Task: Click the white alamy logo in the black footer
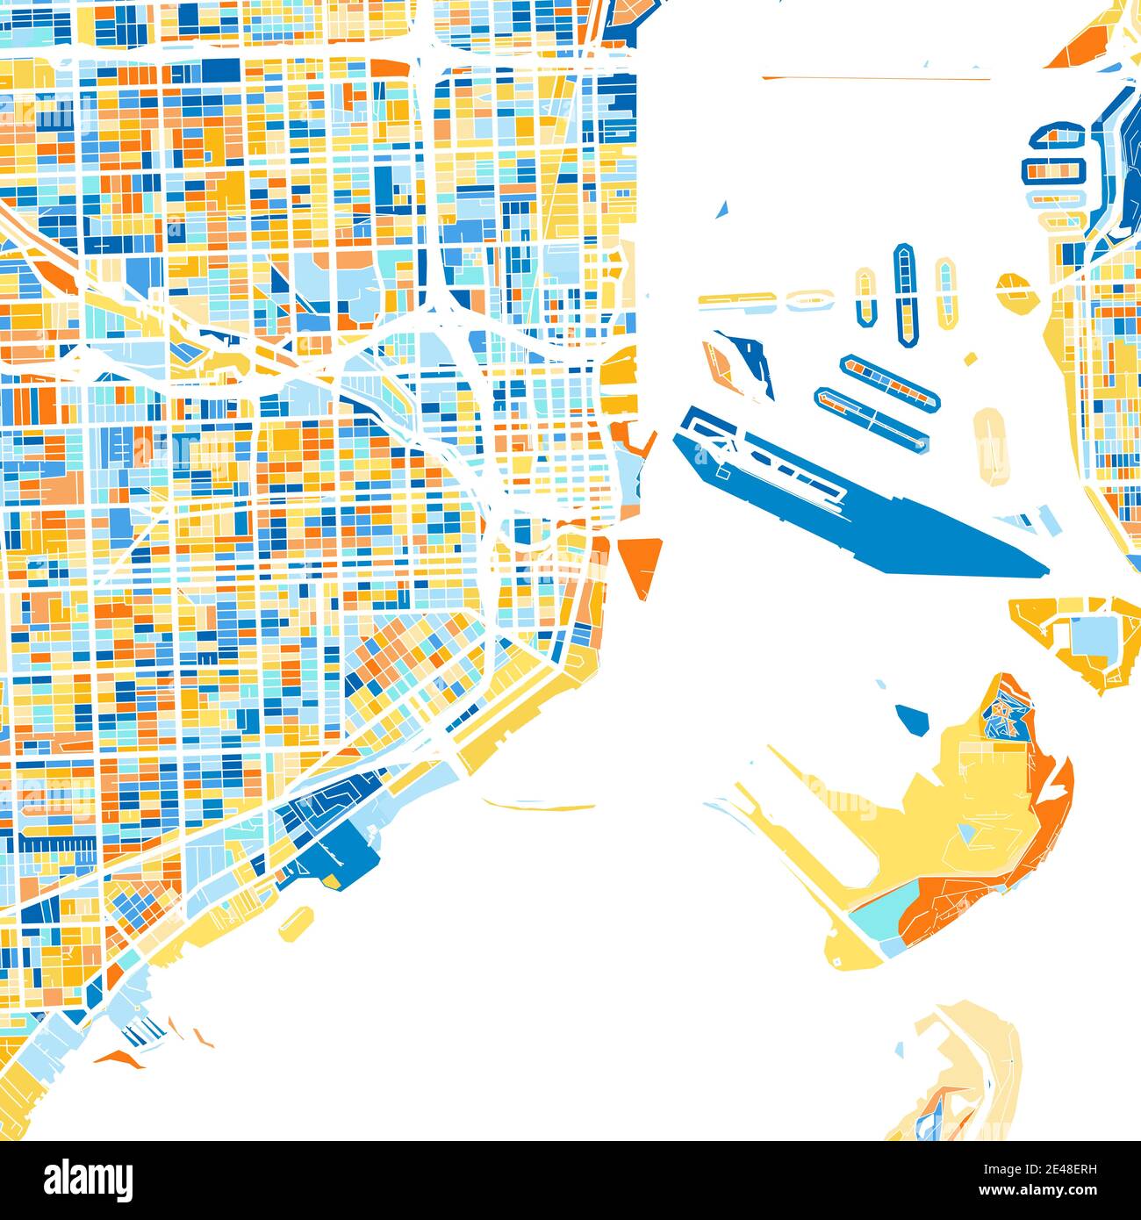[x=88, y=1180]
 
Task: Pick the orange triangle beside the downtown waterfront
[x=642, y=563]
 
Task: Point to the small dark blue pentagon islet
[x=914, y=718]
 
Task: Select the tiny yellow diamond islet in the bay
[x=970, y=359]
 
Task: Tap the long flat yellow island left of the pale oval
[x=737, y=300]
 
